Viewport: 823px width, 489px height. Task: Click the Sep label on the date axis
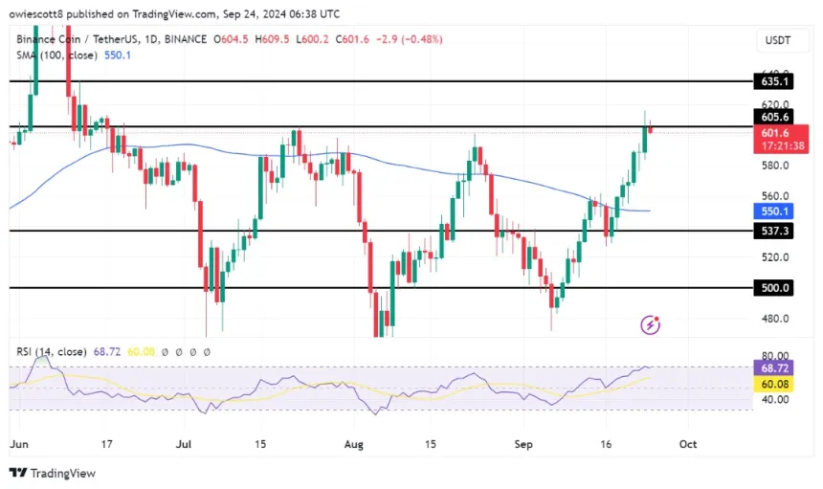(x=522, y=445)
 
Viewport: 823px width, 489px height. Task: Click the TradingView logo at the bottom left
(x=53, y=473)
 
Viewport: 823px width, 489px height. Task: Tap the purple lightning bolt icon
(x=651, y=325)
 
